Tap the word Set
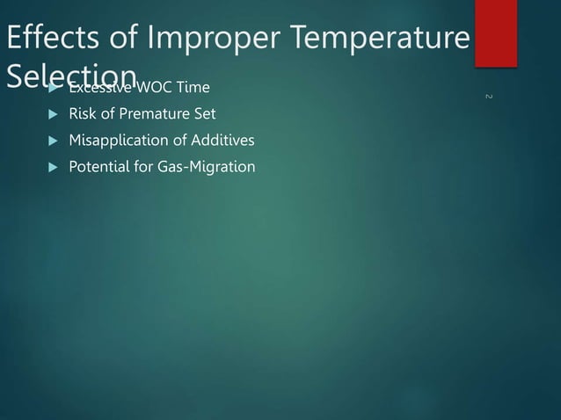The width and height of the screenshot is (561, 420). point(204,114)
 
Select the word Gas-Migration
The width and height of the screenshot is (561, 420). point(206,167)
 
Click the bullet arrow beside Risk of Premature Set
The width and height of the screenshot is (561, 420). point(51,114)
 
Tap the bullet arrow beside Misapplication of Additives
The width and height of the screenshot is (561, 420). point(51,141)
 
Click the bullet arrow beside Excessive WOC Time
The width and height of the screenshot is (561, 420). point(51,88)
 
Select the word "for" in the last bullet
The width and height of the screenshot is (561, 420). point(142,167)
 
